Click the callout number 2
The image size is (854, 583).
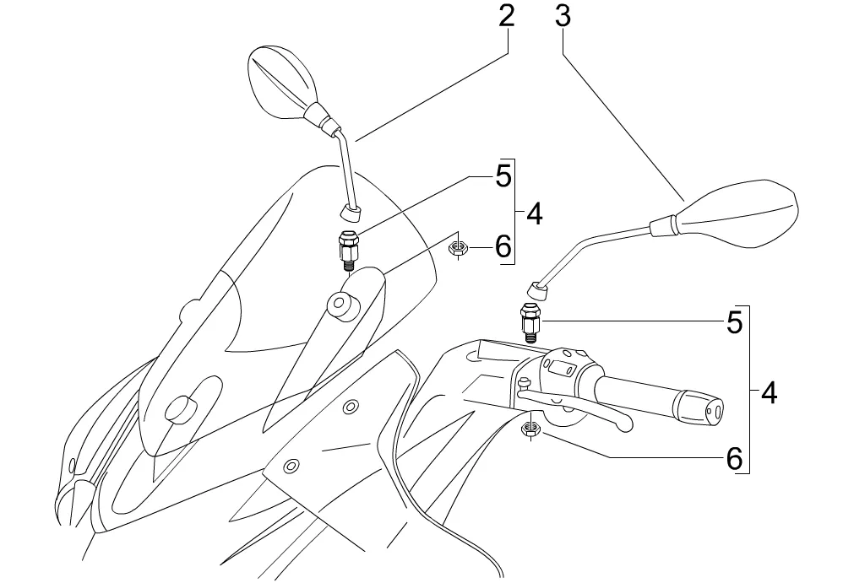(505, 17)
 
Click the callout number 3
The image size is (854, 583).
(563, 17)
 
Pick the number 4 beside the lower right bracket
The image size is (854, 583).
(768, 392)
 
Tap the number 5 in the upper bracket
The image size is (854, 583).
(503, 177)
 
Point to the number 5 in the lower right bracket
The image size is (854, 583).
(734, 322)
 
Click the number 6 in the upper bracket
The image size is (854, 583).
(503, 246)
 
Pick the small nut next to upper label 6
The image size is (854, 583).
(459, 247)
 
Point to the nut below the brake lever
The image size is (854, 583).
(530, 429)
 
